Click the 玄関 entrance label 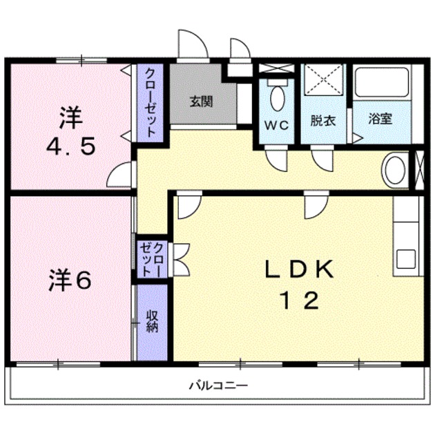(201, 101)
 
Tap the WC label (278, 125)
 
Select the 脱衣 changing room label (323, 120)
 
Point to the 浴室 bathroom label (381, 119)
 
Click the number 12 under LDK (298, 301)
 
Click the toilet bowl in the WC (278, 98)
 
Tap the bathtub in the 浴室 (382, 84)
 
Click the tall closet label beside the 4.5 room (150, 104)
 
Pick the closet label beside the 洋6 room (152, 259)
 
